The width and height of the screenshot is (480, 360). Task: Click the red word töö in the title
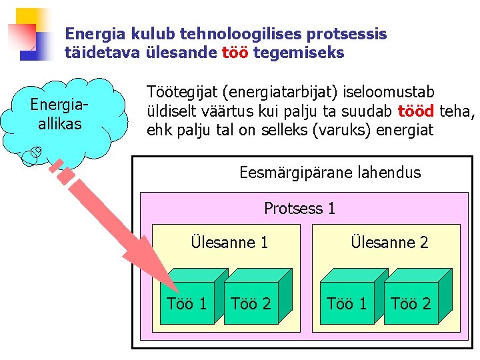tap(235, 53)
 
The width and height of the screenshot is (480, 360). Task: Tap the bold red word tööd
tap(416, 111)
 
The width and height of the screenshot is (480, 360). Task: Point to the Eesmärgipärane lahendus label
tap(330, 173)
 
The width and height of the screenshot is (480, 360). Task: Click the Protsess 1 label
tap(299, 209)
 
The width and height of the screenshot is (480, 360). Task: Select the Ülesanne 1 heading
tap(229, 243)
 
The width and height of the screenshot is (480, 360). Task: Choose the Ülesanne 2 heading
tap(389, 243)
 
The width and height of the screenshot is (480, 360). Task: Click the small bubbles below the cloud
tap(31, 155)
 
